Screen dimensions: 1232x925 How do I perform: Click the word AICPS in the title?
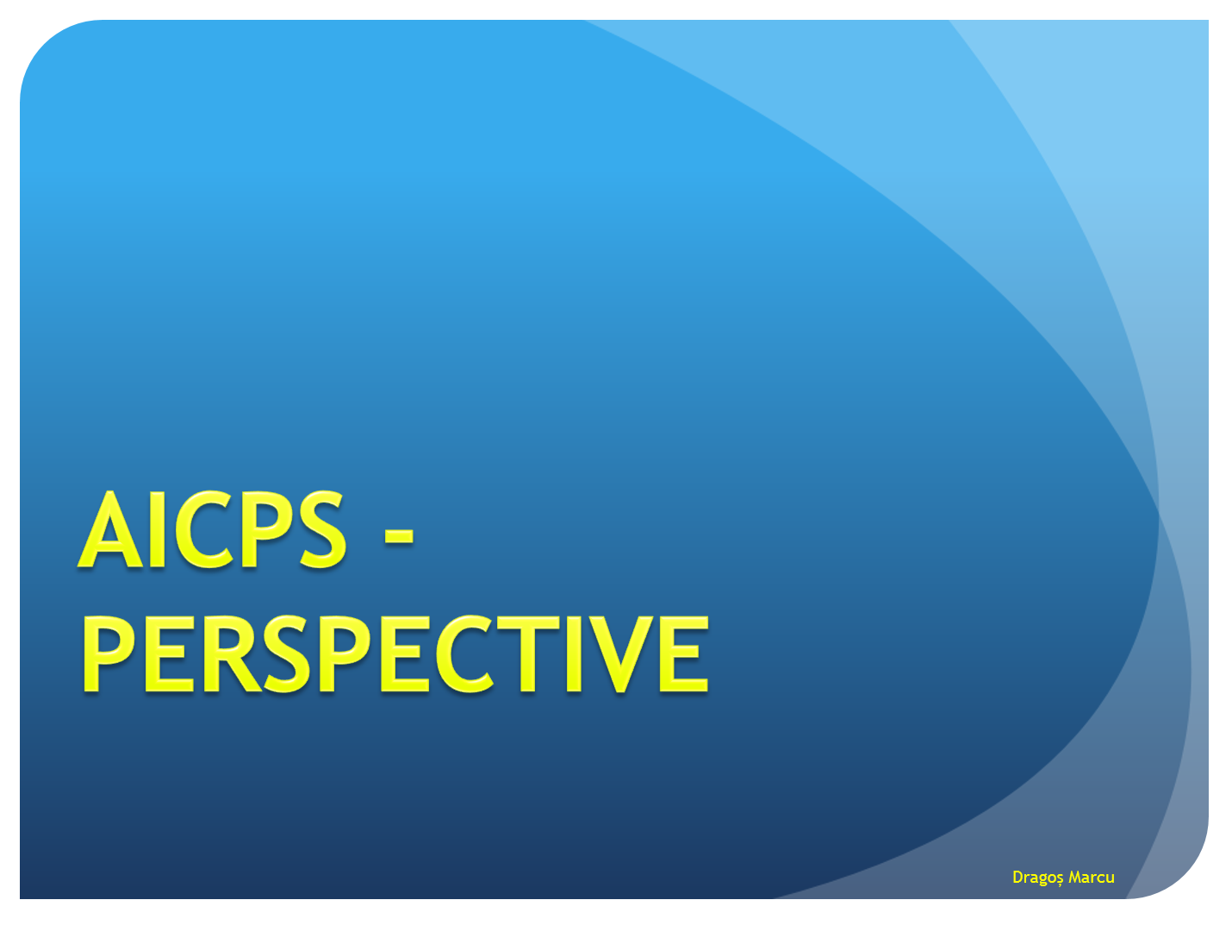[212, 528]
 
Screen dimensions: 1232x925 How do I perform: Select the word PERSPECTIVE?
[395, 653]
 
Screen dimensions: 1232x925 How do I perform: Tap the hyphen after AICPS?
[399, 536]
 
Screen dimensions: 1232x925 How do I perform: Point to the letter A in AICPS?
[110, 528]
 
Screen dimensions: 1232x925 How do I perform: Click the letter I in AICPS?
[157, 528]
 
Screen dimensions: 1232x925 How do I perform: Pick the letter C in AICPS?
[204, 528]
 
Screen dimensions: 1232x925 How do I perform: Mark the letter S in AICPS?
[323, 528]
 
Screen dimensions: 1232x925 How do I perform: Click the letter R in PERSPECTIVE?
[232, 653]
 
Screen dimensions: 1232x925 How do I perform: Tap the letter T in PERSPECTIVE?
[527, 653]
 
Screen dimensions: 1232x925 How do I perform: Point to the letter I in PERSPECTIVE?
[574, 653]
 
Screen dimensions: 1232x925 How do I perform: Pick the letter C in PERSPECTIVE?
[465, 653]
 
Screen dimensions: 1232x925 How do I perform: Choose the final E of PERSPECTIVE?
[684, 653]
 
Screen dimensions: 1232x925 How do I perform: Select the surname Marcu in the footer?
[1092, 877]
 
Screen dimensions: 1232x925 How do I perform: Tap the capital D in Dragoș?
[1018, 877]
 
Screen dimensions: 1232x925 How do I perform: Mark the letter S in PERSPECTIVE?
[287, 653]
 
